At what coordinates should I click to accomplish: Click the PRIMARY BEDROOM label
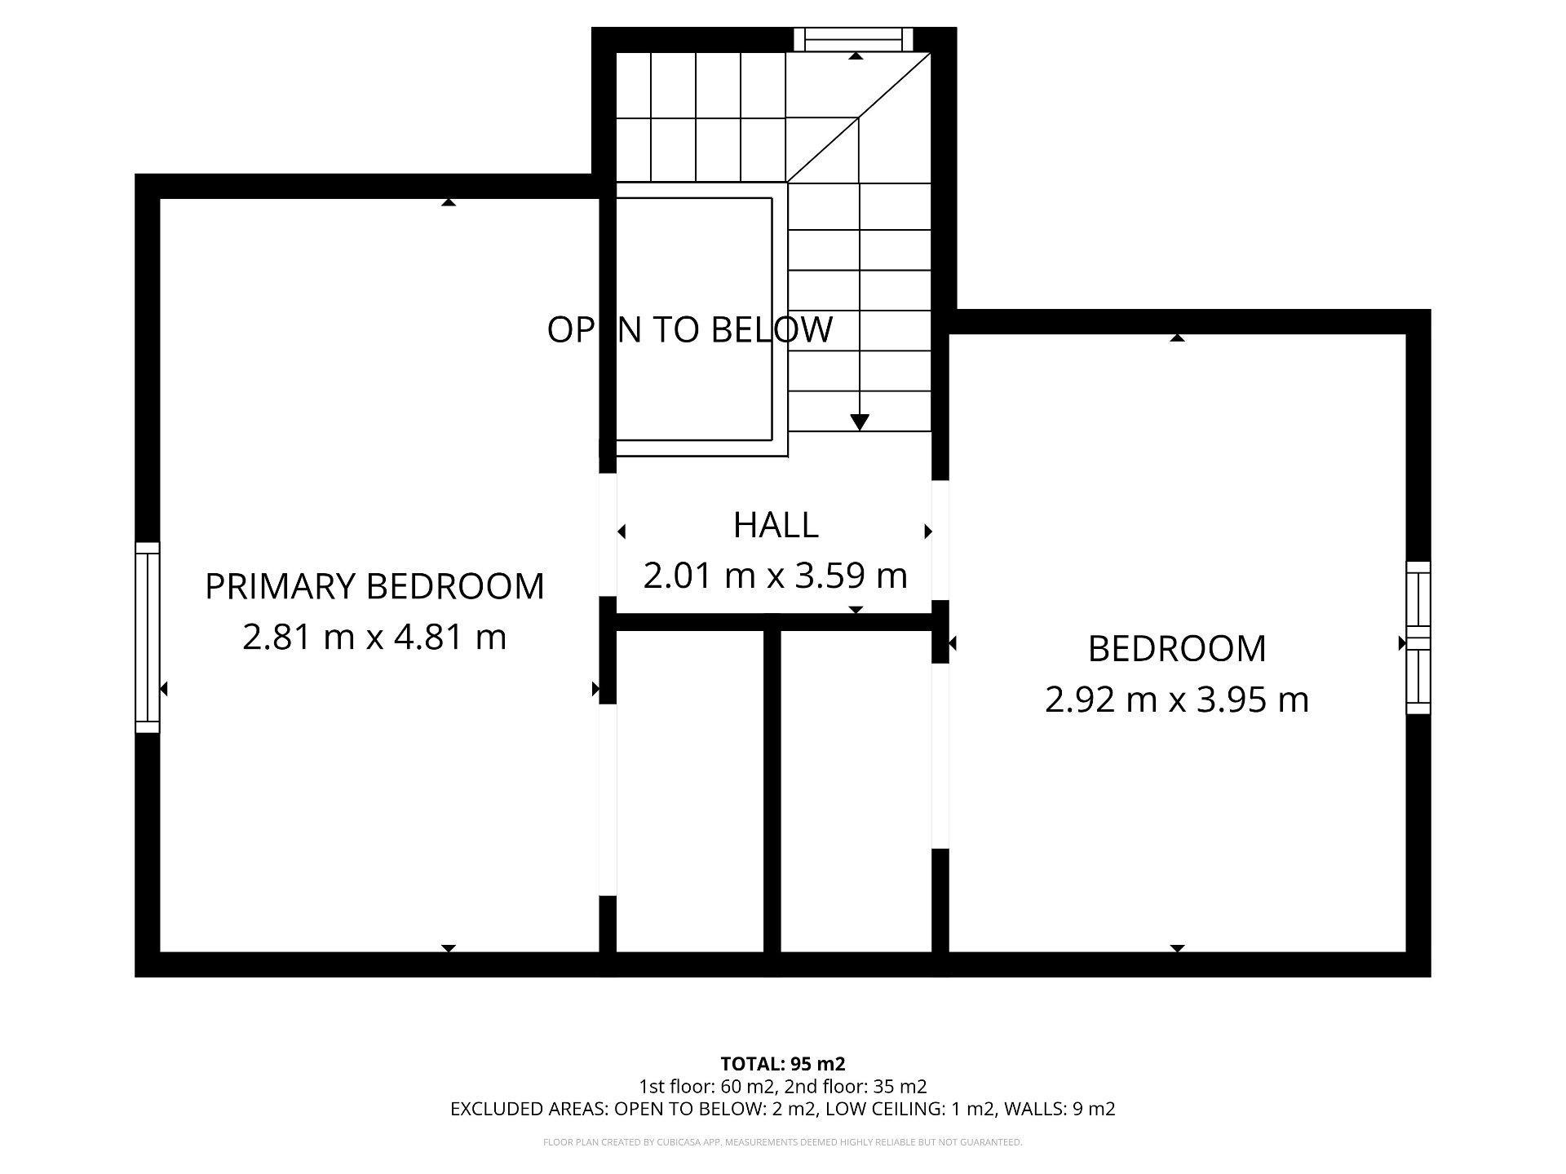[x=374, y=586]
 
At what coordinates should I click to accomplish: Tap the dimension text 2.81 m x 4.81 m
[x=374, y=637]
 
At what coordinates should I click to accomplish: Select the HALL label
[x=776, y=525]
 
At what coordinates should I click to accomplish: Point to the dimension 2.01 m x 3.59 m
[x=775, y=576]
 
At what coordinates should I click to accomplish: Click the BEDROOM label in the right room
[x=1177, y=649]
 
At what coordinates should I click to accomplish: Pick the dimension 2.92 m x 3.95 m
[x=1177, y=700]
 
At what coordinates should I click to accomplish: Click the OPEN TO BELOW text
[x=690, y=329]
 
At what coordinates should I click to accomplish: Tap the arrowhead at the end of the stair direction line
[x=859, y=421]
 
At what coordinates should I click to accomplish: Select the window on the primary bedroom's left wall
[x=148, y=637]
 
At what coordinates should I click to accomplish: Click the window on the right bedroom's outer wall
[x=1418, y=638]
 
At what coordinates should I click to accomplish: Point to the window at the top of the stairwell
[x=853, y=39]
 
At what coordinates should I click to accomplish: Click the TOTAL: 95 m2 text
[x=782, y=1064]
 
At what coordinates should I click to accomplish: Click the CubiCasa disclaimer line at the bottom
[x=782, y=1142]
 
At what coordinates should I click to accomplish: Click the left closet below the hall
[x=689, y=791]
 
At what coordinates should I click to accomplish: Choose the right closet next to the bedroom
[x=856, y=791]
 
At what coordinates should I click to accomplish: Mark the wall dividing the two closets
[x=772, y=791]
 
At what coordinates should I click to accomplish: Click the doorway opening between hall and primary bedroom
[x=608, y=535]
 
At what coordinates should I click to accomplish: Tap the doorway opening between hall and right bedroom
[x=940, y=540]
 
